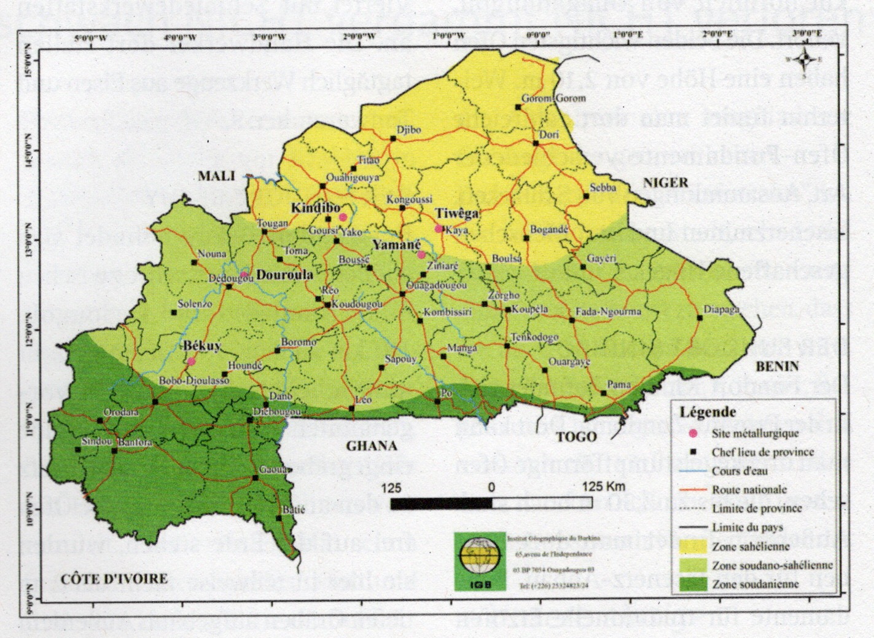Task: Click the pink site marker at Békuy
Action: coord(192,361)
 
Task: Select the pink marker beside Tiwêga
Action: coord(439,229)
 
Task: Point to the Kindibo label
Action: coord(315,208)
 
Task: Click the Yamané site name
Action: coord(394,244)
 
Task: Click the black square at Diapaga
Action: coord(700,318)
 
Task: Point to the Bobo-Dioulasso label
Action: coord(193,381)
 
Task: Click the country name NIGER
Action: coord(666,181)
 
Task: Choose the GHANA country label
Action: coord(369,446)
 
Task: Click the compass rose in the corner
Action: coord(803,59)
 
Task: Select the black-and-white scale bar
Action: coord(491,503)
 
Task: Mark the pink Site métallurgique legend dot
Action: coord(692,434)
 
